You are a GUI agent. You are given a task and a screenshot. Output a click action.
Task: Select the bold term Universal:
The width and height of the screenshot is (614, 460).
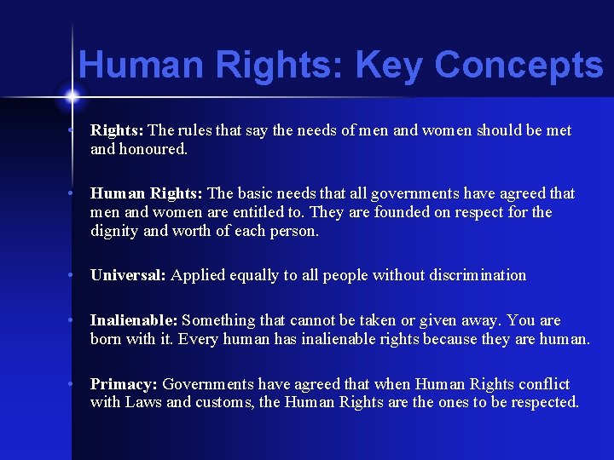(x=129, y=275)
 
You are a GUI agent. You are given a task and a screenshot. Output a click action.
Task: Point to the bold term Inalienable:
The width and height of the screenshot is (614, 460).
(x=134, y=320)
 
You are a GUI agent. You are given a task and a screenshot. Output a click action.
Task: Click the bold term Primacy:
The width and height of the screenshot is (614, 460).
(x=125, y=384)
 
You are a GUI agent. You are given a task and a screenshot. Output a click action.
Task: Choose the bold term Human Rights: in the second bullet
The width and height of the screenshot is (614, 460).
(x=147, y=193)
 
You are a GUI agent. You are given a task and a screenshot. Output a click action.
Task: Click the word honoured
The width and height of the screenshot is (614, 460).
(x=153, y=148)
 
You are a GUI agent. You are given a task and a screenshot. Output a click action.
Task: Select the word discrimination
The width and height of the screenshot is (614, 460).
(x=478, y=275)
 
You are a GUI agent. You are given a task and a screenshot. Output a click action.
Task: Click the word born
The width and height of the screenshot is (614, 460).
(x=107, y=338)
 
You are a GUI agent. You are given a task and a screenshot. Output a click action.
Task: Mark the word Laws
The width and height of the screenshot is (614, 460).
(x=143, y=402)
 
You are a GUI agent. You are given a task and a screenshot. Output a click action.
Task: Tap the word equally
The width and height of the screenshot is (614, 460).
(x=255, y=275)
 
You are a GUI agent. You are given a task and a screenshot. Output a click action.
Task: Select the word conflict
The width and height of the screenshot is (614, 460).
(x=542, y=384)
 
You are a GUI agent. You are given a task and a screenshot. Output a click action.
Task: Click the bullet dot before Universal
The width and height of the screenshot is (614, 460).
(x=75, y=275)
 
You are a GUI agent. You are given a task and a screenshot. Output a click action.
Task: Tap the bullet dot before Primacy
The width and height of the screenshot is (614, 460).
(x=75, y=384)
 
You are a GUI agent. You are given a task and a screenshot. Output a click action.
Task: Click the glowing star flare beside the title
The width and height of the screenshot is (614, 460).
(x=72, y=95)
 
